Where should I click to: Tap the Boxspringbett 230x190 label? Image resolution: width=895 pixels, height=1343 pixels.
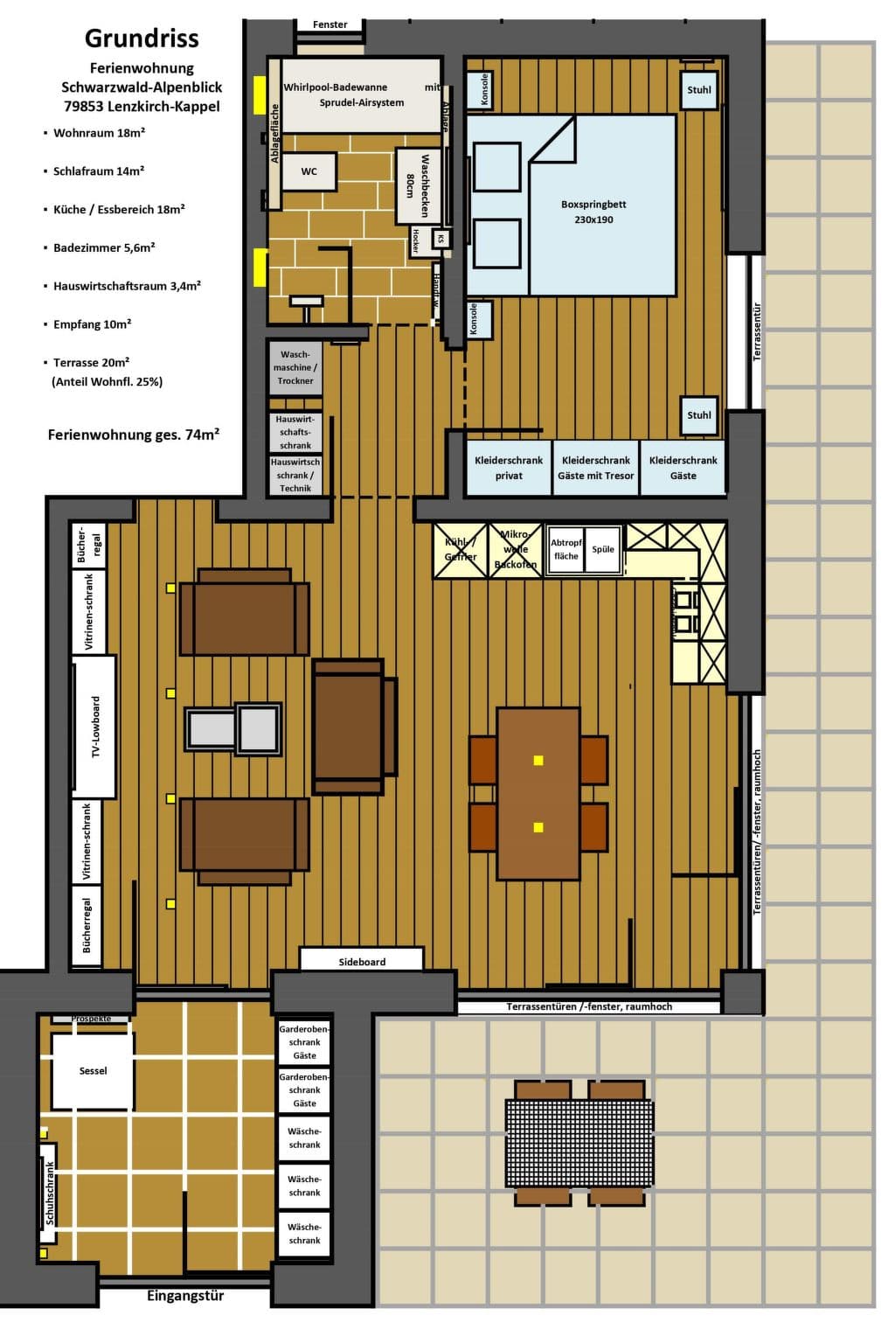pos(593,212)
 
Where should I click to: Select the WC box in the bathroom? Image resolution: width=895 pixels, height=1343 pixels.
pos(309,171)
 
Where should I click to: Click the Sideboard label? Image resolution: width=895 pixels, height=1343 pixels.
pos(362,961)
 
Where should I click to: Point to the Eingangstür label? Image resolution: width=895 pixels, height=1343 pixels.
pos(185,1296)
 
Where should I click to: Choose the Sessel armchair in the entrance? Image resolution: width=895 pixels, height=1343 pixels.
pos(93,1071)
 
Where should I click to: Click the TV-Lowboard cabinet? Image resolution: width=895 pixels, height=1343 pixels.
pos(94,727)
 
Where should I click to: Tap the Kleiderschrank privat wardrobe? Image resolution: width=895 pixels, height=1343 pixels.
pos(508,468)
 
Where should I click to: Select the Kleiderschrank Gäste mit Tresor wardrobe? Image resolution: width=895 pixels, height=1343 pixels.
pos(595,468)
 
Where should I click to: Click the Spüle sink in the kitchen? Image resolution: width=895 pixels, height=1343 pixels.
pos(603,549)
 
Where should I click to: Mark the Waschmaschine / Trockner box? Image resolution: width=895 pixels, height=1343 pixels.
pos(295,367)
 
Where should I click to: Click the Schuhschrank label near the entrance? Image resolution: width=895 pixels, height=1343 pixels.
pos(50,1193)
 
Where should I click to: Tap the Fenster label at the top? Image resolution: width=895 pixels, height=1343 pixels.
pos(330,24)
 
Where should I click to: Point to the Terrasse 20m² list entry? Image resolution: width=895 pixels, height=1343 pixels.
pos(92,362)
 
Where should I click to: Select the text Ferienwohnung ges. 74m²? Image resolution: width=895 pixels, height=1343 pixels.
pos(133,434)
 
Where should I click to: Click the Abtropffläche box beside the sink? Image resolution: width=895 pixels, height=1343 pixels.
pos(565,549)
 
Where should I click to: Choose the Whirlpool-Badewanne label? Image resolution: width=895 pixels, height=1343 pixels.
pos(335,87)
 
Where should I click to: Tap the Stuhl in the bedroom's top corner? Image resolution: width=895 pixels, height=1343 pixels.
pos(698,90)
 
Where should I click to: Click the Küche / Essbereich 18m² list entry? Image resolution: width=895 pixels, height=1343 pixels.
pos(119,209)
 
